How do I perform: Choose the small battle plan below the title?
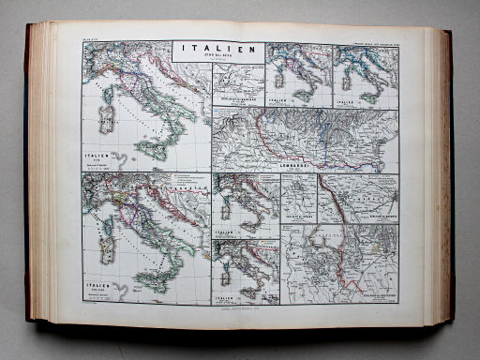pyautogui.click(x=236, y=87)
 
